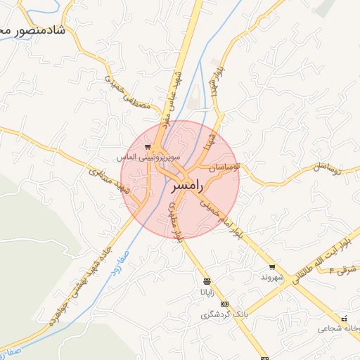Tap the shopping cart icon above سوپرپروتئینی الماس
click(x=147, y=147)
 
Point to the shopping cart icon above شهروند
click(x=272, y=267)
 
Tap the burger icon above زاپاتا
click(x=205, y=281)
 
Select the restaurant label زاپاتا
click(x=205, y=290)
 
